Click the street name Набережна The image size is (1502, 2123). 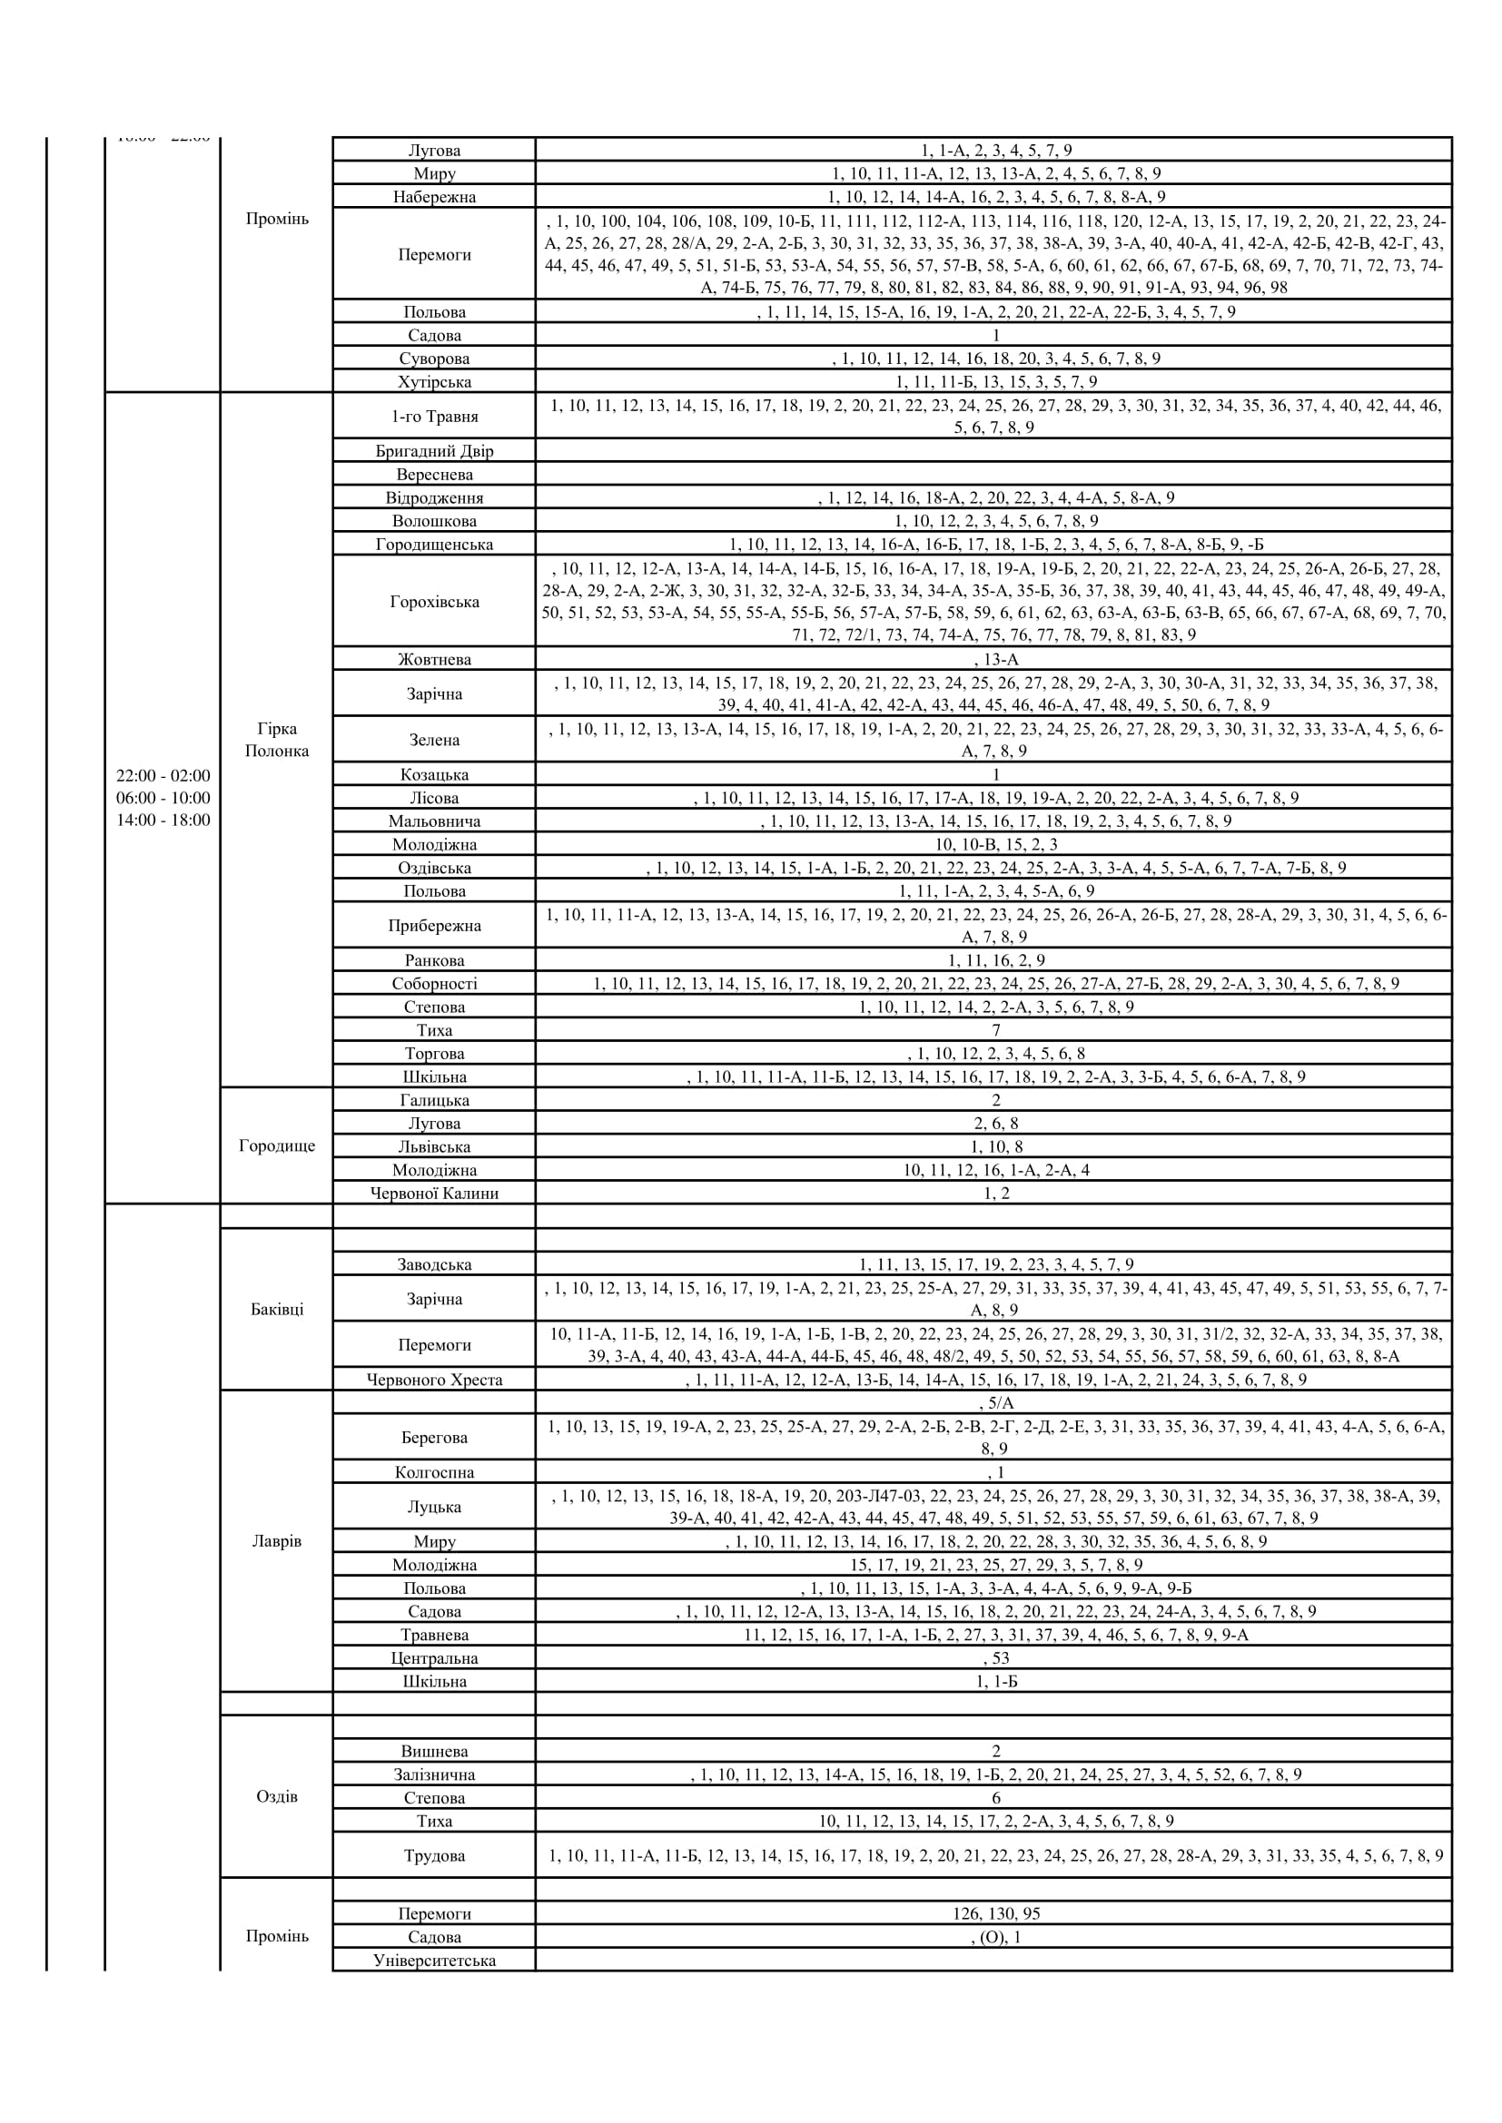pos(434,197)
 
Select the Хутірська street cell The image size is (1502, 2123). pos(434,382)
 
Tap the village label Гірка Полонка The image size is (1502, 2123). pos(277,740)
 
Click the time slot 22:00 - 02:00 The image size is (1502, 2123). pos(163,776)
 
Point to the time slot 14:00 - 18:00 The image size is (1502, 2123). pos(163,821)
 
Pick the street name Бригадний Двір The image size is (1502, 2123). pos(434,451)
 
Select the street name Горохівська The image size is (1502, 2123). pos(434,602)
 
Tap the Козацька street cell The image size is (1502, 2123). pos(434,775)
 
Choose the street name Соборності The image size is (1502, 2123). pos(434,984)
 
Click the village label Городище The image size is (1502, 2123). pos(277,1145)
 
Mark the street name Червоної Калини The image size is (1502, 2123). pos(434,1194)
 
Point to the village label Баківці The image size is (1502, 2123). pos(277,1310)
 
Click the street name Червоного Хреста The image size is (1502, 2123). pos(434,1380)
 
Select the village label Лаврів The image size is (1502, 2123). pos(277,1541)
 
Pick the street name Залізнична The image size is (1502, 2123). pos(434,1774)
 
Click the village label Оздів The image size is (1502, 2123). pos(277,1796)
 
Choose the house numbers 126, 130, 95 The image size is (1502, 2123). pos(995,1913)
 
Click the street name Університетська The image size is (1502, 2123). pos(434,1961)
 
